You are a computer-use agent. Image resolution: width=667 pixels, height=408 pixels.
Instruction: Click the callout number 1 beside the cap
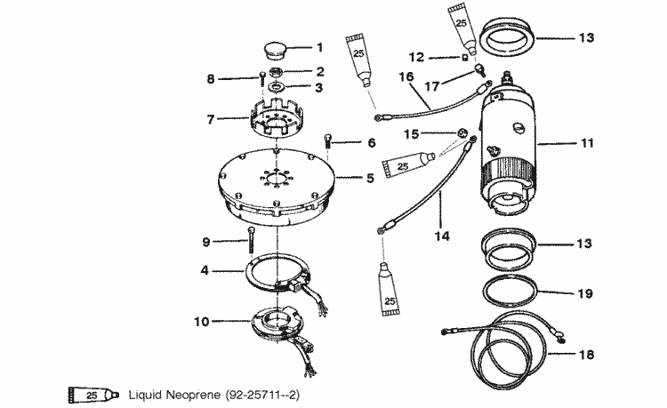point(320,46)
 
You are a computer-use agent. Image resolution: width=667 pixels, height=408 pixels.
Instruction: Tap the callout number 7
point(211,118)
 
